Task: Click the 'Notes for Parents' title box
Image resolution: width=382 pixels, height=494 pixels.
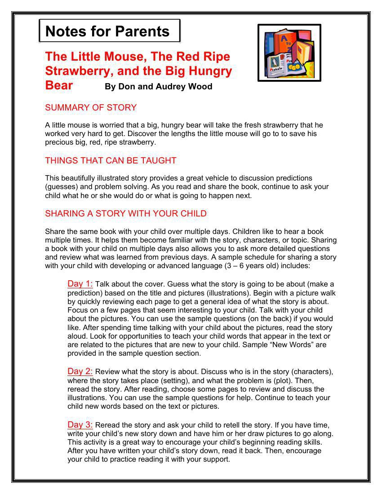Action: pos(109,31)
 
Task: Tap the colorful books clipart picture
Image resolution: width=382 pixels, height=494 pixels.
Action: pos(289,53)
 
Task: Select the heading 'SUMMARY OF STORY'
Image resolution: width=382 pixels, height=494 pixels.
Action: pos(91,108)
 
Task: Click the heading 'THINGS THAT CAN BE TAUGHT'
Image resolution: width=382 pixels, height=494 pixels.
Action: pos(111,161)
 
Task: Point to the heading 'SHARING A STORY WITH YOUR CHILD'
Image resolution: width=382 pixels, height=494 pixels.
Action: pos(126,214)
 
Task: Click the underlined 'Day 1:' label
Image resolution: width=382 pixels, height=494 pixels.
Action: pos(80,284)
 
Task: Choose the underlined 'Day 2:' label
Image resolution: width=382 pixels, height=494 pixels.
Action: pos(80,371)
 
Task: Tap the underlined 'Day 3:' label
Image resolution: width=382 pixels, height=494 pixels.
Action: pos(80,425)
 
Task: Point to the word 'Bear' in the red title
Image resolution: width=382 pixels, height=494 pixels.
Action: pos(59,85)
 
